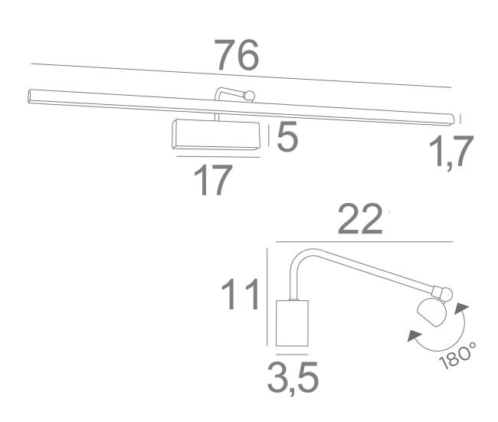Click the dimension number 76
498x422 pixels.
coord(237,55)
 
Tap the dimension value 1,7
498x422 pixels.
coord(451,151)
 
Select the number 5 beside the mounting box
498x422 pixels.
coord(287,136)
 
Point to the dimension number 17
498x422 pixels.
coord(213,180)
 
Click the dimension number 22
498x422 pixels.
coord(359,218)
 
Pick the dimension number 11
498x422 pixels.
coord(241,294)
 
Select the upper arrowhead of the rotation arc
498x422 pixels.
coord(461,308)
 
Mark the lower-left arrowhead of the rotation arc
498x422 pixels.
coord(414,335)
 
